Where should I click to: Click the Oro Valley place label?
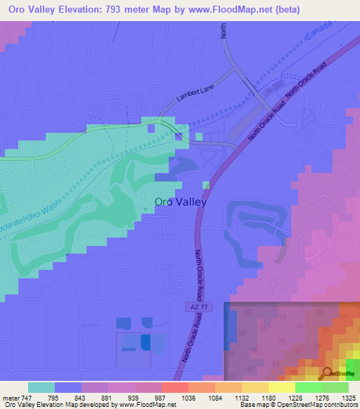pyautogui.click(x=180, y=202)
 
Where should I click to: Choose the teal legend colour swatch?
pyautogui.click(x=41, y=387)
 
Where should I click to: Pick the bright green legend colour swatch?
pyautogui.click(x=309, y=387)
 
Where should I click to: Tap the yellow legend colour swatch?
pyautogui.click(x=282, y=387)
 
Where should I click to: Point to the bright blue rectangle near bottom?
pyautogui.click(x=145, y=342)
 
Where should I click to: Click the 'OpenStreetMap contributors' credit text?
pyautogui.click(x=315, y=405)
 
